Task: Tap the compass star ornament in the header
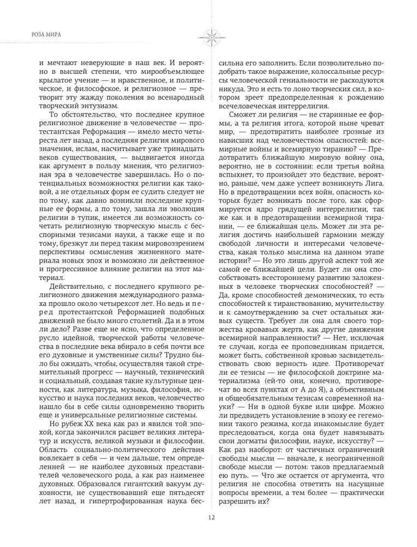pyautogui.click(x=209, y=36)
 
